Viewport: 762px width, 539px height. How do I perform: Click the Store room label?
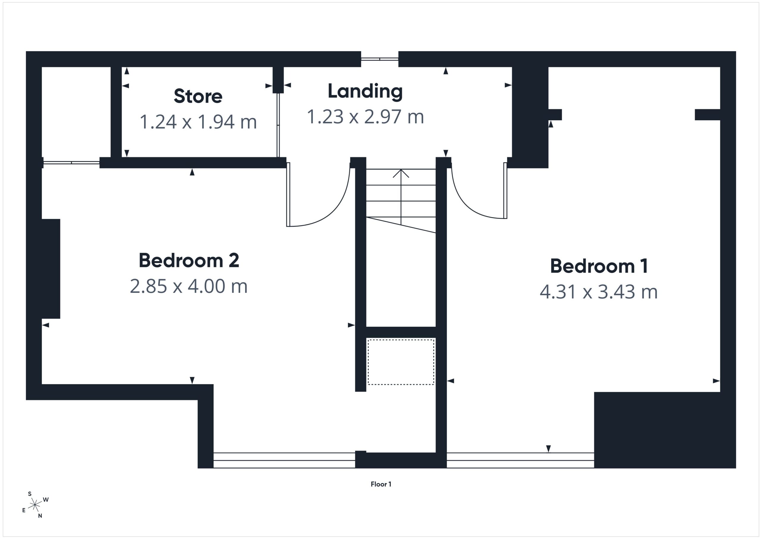[198, 96]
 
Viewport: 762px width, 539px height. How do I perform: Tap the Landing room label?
[365, 91]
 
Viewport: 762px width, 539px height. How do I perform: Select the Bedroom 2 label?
[189, 260]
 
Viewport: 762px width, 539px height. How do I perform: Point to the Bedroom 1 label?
[599, 266]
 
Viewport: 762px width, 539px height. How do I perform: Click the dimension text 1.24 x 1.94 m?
[198, 122]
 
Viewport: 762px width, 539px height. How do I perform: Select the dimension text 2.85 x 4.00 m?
[189, 286]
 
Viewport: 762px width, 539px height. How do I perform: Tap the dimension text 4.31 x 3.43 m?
[599, 292]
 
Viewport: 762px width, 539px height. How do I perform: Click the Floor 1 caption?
[381, 484]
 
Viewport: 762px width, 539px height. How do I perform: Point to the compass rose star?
[35, 505]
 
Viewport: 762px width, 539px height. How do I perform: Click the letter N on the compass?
[40, 516]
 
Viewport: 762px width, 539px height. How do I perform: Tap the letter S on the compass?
[29, 494]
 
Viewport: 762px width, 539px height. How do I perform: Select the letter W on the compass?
[46, 499]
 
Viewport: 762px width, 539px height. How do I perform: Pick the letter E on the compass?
[24, 510]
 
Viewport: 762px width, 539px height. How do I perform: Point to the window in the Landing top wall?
[380, 59]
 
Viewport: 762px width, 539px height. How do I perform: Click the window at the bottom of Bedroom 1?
[520, 460]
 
